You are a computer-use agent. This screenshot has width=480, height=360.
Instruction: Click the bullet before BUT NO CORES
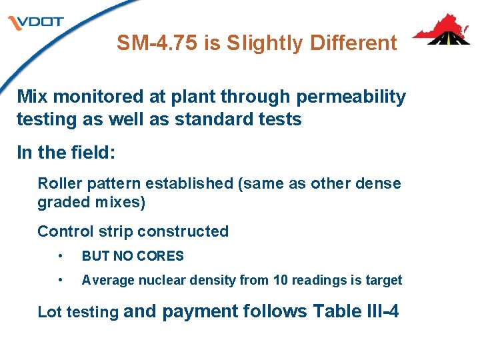point(61,256)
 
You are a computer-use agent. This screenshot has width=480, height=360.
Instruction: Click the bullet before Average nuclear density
point(61,281)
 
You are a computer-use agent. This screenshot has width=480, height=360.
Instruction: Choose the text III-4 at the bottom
point(377,311)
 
